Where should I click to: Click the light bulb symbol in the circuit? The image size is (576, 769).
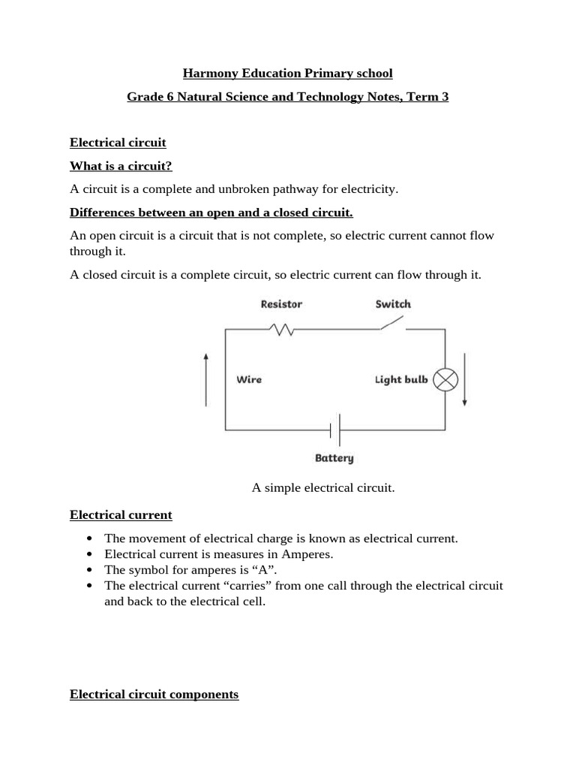click(446, 379)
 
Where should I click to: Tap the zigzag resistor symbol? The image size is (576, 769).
click(283, 329)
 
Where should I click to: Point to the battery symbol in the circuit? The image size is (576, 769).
click(335, 430)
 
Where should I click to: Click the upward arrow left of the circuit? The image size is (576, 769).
click(206, 379)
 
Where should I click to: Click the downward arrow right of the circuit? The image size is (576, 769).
click(465, 379)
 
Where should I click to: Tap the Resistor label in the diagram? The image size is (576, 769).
click(281, 304)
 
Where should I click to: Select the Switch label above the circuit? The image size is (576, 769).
click(393, 304)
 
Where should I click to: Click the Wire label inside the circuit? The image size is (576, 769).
click(249, 379)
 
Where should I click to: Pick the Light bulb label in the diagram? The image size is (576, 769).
click(401, 379)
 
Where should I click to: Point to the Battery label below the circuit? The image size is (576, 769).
click(334, 457)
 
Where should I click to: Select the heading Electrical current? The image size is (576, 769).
click(121, 515)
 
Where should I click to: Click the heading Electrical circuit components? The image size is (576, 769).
click(154, 695)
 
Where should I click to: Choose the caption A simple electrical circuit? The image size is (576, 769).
click(323, 488)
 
